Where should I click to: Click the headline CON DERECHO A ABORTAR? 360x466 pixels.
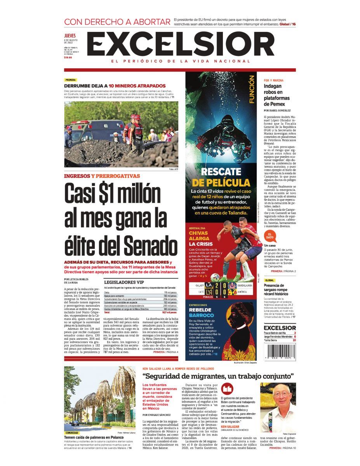[x=117, y=22]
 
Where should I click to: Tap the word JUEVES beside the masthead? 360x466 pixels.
[x=70, y=36]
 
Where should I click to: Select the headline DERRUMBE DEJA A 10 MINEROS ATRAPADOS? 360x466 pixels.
[x=115, y=86]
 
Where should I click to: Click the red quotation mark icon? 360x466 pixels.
[x=227, y=389]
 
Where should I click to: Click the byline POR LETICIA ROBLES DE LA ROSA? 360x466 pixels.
[x=77, y=281]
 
